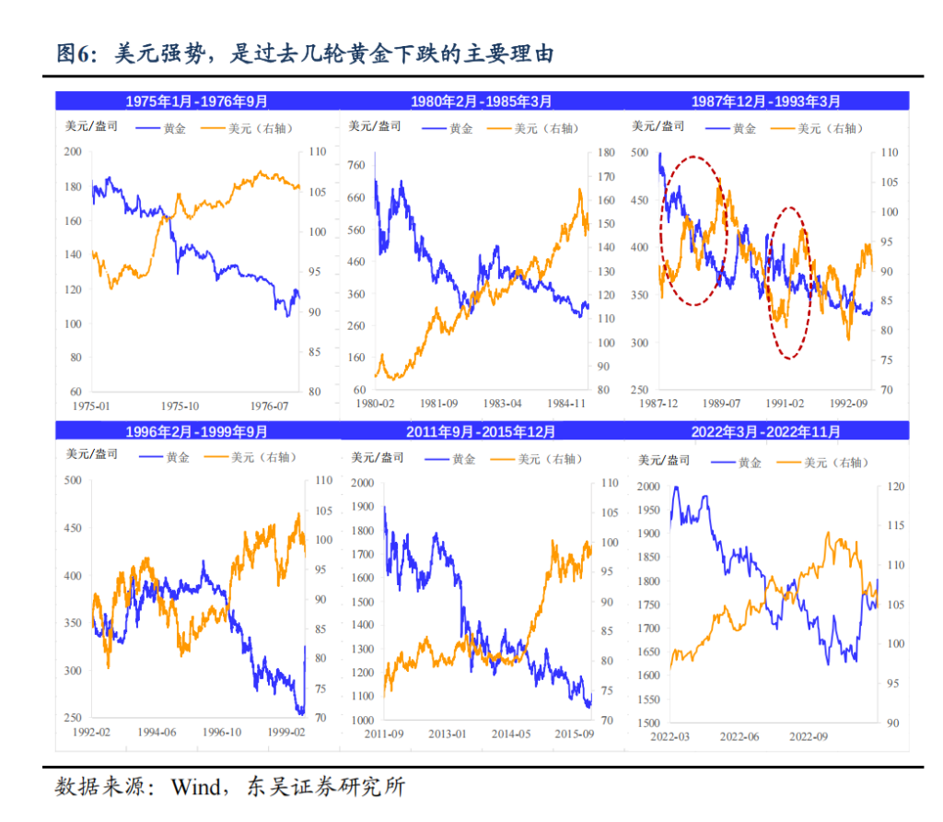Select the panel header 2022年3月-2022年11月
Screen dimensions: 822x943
[765, 430]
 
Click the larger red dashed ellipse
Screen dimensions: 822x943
[694, 230]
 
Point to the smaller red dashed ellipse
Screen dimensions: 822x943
[789, 283]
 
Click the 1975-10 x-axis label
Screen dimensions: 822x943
[180, 405]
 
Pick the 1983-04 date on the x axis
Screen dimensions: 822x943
[503, 404]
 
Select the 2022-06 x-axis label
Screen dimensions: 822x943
[739, 736]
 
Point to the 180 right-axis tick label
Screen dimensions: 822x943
[604, 153]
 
